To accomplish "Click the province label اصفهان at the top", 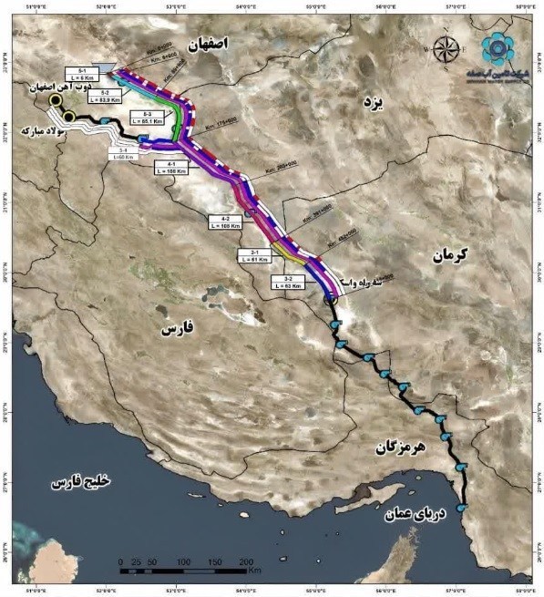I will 221,43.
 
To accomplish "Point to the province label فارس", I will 180,328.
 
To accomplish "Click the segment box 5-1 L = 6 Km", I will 82,74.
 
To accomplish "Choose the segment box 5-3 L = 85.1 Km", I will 146,116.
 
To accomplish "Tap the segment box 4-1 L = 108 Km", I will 170,167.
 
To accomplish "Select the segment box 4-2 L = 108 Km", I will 225,221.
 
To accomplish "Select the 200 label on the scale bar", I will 246,561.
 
